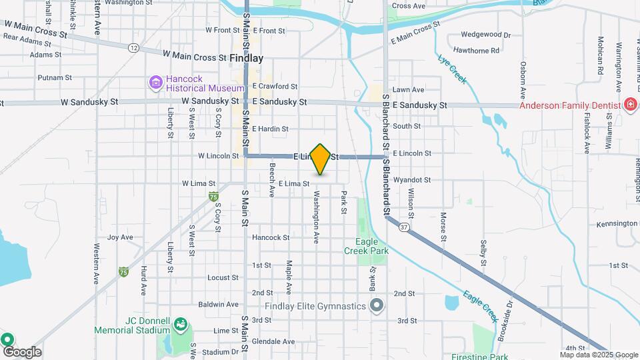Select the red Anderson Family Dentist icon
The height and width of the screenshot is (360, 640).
point(630,105)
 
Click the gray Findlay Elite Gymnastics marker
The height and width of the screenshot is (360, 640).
point(377,306)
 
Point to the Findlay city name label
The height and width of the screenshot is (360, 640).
point(246,58)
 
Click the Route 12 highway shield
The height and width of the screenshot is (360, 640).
point(135,47)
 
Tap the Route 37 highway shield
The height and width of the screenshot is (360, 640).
point(405,227)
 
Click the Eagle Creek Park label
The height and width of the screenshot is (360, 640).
point(362,247)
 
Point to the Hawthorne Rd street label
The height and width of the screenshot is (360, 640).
point(476,51)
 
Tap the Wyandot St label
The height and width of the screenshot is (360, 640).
point(412,180)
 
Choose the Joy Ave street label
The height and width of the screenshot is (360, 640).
point(120,237)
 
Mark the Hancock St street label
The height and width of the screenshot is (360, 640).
point(271,237)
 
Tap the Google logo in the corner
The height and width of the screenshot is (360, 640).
point(21,351)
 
